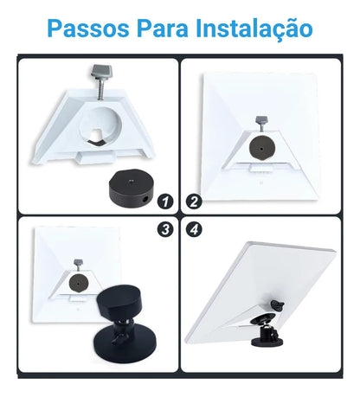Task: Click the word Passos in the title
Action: [x=88, y=29]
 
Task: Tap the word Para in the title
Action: [x=163, y=29]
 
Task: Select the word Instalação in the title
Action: [x=254, y=29]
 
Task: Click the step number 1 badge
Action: [x=165, y=202]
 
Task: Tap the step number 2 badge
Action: [x=194, y=202]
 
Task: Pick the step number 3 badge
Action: [x=165, y=229]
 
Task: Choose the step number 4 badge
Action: [x=194, y=229]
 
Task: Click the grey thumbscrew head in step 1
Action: [x=101, y=71]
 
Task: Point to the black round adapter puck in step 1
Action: [x=131, y=188]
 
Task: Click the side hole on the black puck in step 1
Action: [x=145, y=199]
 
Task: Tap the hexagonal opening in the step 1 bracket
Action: [x=97, y=137]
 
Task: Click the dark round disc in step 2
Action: [x=261, y=149]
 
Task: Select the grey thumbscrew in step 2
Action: [x=261, y=124]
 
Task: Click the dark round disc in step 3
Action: [x=78, y=283]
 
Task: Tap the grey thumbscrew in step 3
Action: [x=78, y=265]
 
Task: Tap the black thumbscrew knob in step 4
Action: [x=278, y=304]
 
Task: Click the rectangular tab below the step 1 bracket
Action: [x=96, y=158]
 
